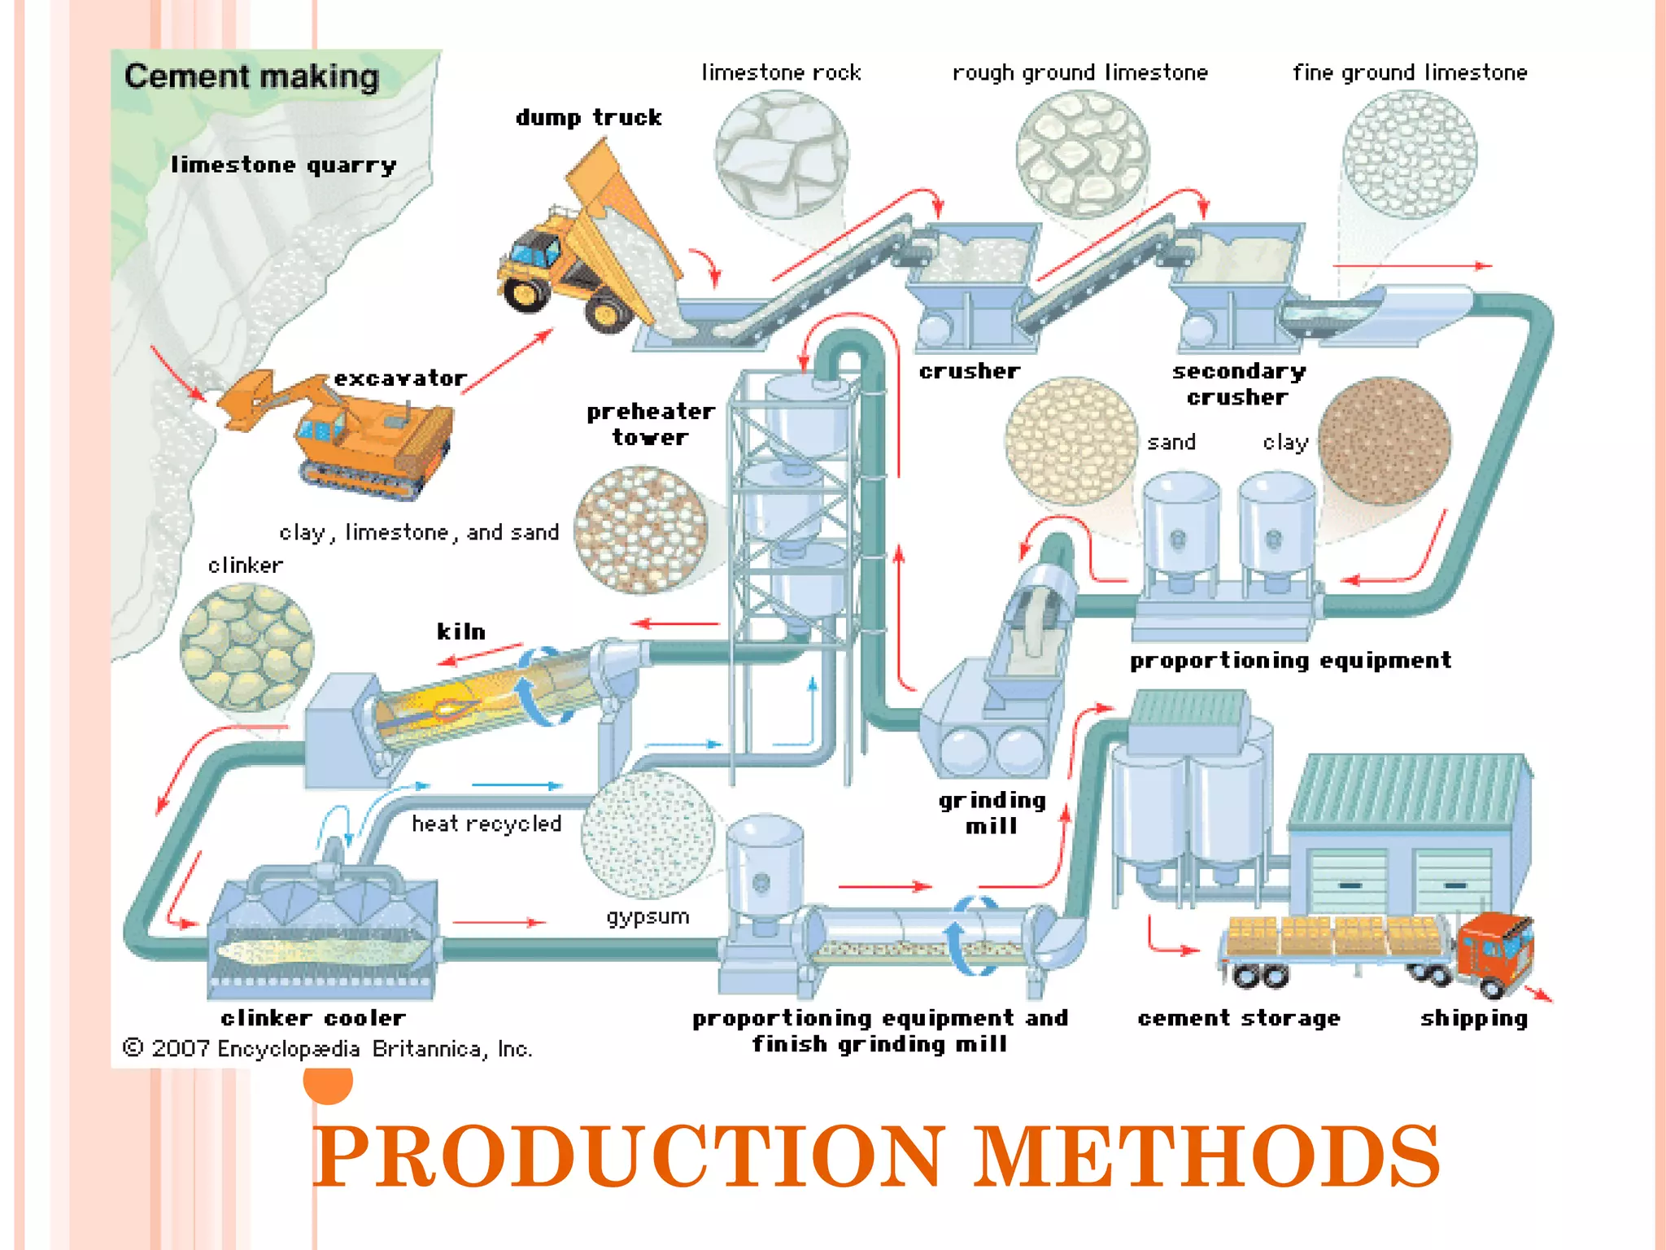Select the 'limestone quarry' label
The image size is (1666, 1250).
coord(283,165)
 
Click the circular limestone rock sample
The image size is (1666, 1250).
coord(781,155)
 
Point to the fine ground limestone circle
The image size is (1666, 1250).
coord(1409,155)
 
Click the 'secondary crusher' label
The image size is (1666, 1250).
coord(1238,384)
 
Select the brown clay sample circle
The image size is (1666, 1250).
coord(1384,441)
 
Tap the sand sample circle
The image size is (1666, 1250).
coord(1071,441)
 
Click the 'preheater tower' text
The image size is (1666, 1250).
coord(651,424)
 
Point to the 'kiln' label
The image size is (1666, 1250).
coord(461,632)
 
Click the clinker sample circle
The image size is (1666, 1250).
coord(246,647)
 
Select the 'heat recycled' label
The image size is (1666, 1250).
coord(486,824)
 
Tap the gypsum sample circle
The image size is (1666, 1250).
coord(648,834)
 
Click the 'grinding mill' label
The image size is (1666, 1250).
coord(992,813)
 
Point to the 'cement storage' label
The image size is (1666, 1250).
coord(1238,1018)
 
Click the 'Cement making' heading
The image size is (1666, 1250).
coord(251,76)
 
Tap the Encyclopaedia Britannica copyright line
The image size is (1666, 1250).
coord(327,1048)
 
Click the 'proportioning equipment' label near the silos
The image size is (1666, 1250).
coord(1290,660)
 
